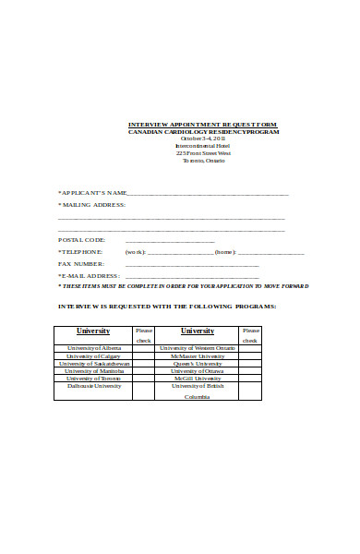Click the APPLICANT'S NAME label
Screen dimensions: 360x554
coord(92,194)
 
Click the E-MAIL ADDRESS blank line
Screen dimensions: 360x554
coord(192,276)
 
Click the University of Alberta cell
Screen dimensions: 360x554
coord(92,349)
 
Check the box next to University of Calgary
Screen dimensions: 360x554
coord(143,356)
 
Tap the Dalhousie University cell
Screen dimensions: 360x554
coord(92,386)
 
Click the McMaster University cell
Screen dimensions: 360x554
coord(197,356)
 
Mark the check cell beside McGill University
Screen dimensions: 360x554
coord(249,379)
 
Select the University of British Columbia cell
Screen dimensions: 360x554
coord(197,391)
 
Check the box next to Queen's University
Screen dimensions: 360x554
coord(249,364)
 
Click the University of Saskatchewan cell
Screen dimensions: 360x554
coord(92,364)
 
